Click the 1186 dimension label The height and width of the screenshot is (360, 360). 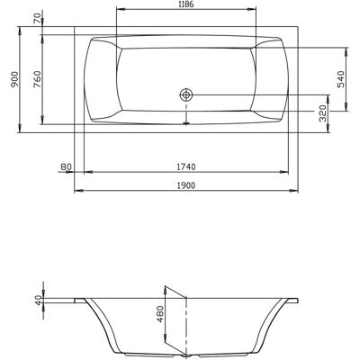(185, 4)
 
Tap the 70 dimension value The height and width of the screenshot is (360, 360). (38, 18)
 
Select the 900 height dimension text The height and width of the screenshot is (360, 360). (14, 79)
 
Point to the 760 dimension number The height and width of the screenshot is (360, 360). (38, 80)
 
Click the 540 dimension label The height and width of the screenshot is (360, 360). (342, 79)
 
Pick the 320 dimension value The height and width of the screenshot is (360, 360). (323, 113)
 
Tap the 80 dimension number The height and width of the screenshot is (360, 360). (66, 166)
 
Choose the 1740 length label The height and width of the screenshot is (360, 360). (185, 166)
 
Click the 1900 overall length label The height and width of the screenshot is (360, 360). (185, 185)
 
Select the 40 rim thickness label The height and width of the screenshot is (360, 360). (38, 301)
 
